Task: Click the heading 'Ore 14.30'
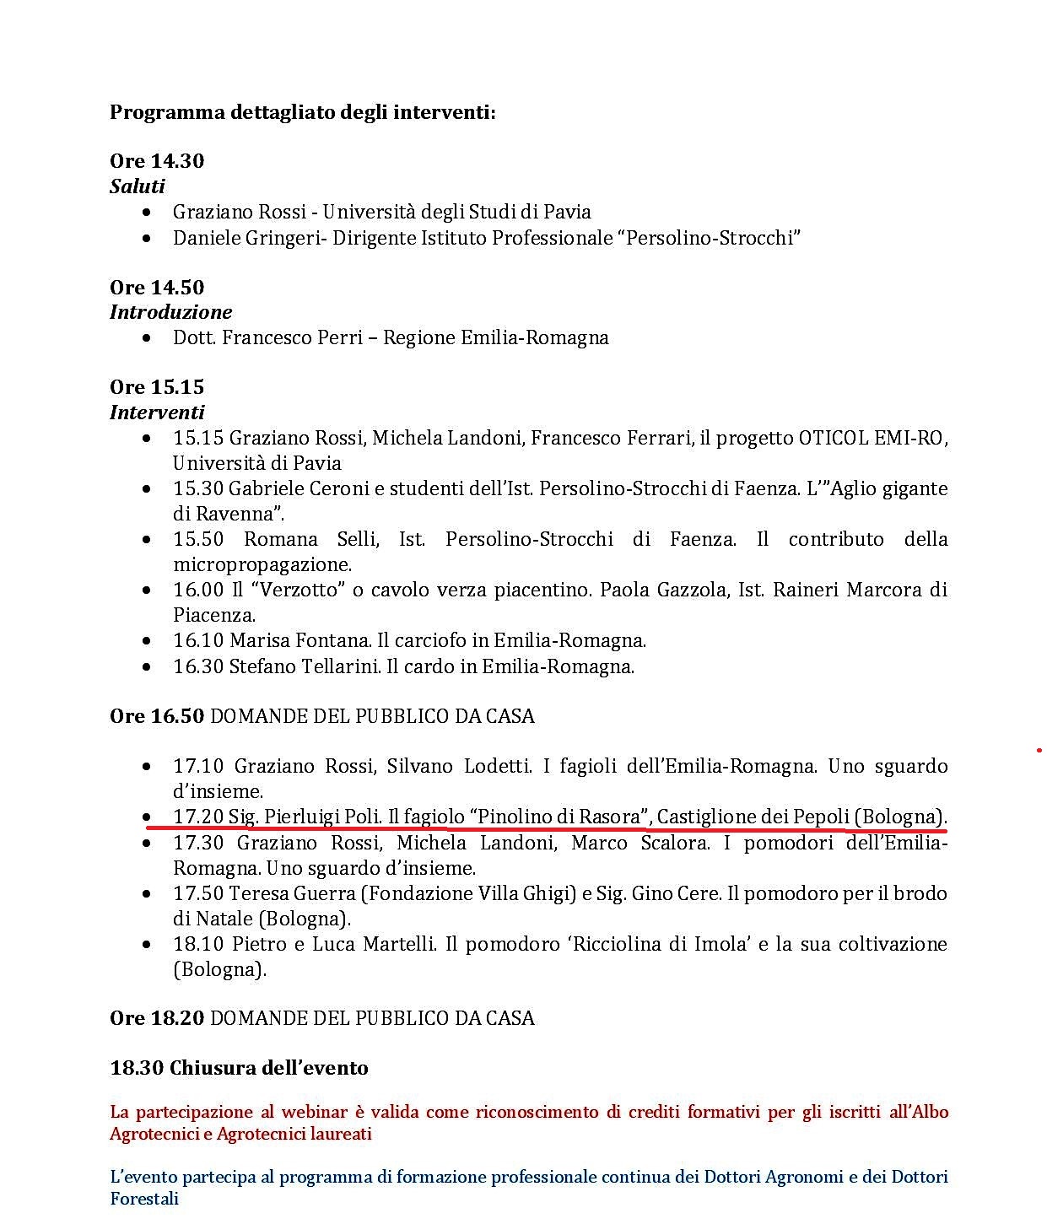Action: [x=157, y=161]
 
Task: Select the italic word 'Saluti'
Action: [x=137, y=186]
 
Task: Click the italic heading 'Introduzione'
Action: [x=170, y=312]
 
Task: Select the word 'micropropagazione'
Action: [x=262, y=564]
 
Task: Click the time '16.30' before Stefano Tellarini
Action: [x=198, y=666]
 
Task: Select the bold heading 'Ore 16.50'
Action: [x=157, y=716]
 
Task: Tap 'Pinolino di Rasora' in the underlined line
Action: [x=559, y=817]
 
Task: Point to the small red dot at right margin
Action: [x=1039, y=749]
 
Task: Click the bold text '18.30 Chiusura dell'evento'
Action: [x=239, y=1068]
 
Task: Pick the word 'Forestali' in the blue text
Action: [x=144, y=1198]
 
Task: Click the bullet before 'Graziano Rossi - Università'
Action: [x=149, y=213]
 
